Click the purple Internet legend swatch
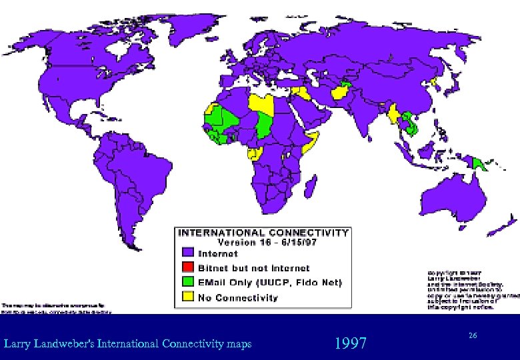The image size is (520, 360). point(189,253)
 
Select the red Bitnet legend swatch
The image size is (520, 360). point(189,268)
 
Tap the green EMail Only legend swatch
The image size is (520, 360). point(189,283)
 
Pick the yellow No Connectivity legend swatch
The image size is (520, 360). point(189,297)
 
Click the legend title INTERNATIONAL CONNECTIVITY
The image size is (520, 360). point(263,233)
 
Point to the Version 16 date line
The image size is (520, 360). point(263,243)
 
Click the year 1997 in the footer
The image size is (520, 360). point(351,343)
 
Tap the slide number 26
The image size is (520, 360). point(473,334)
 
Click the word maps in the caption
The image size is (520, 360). point(239,344)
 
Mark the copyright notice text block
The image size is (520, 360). point(469,290)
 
